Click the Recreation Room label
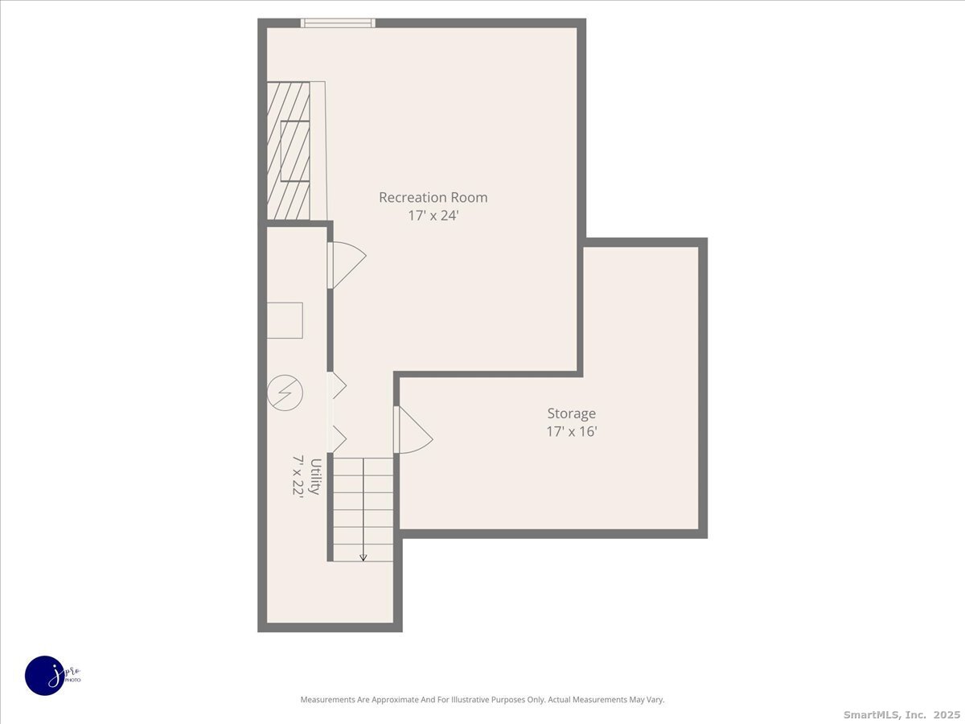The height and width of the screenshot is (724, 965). (433, 197)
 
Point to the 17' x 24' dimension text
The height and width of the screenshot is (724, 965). (433, 216)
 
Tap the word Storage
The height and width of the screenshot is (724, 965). (571, 413)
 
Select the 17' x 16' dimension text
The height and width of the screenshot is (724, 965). (571, 432)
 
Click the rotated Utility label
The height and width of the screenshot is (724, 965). (316, 476)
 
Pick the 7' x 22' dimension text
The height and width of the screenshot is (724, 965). (298, 476)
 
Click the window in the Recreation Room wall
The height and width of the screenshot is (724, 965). (338, 23)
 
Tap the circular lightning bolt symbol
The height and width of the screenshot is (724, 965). (285, 393)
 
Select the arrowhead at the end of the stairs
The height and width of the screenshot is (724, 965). (363, 557)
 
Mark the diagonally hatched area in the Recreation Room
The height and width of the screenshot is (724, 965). (288, 150)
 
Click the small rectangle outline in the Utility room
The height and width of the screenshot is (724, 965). (285, 320)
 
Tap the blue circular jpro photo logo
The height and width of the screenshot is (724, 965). (45, 675)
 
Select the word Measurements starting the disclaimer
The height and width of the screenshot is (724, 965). (327, 700)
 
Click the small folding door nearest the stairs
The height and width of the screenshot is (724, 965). (338, 439)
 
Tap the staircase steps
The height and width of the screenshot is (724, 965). (363, 507)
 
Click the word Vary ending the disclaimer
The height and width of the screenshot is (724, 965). (655, 700)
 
